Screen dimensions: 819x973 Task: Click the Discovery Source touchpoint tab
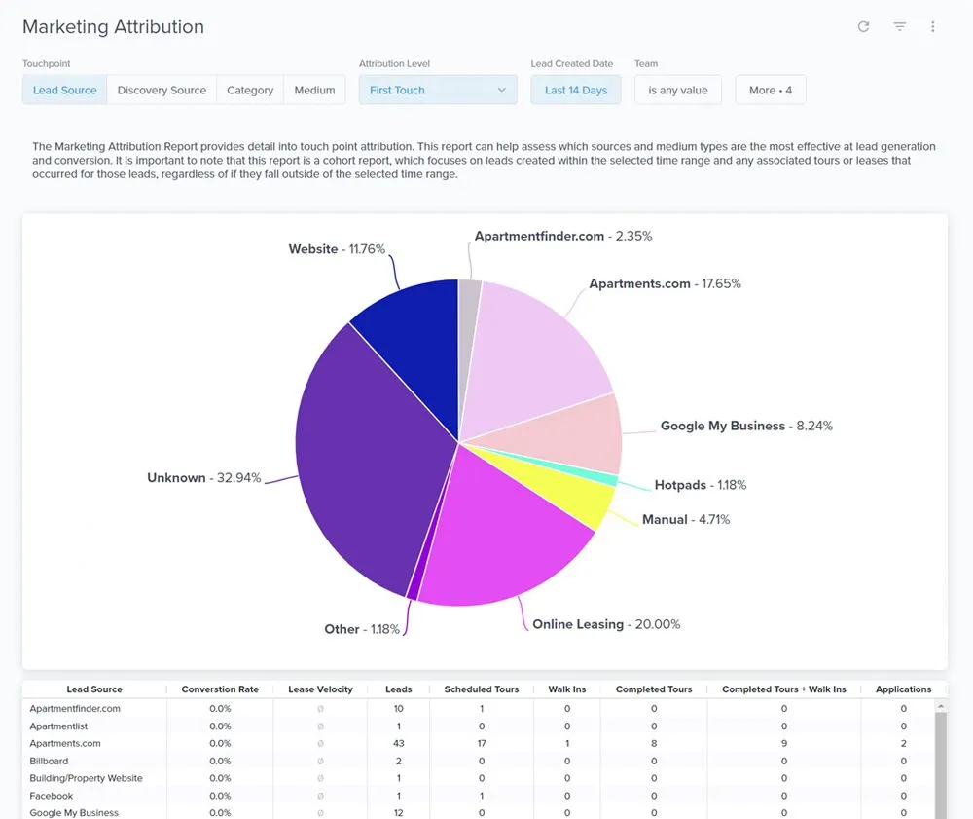click(x=162, y=91)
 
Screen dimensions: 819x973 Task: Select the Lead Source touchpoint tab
click(x=65, y=91)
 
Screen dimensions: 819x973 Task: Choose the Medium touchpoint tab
click(x=314, y=91)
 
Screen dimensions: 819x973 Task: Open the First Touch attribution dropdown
click(x=437, y=91)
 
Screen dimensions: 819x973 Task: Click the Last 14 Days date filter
click(x=575, y=91)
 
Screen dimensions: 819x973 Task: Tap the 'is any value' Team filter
click(x=677, y=91)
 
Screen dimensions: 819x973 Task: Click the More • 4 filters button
click(x=770, y=91)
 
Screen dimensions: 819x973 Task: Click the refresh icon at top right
click(x=863, y=27)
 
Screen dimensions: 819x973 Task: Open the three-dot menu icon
click(x=932, y=27)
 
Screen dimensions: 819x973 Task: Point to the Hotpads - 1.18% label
click(x=700, y=485)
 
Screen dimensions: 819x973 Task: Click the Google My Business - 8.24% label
click(x=745, y=426)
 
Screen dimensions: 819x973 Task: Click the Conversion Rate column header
click(x=220, y=689)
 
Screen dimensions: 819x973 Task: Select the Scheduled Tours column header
click(x=481, y=689)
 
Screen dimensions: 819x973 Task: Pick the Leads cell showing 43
click(x=398, y=744)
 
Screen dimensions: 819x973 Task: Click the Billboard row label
click(x=49, y=762)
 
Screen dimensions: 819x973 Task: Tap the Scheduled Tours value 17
click(x=481, y=744)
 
